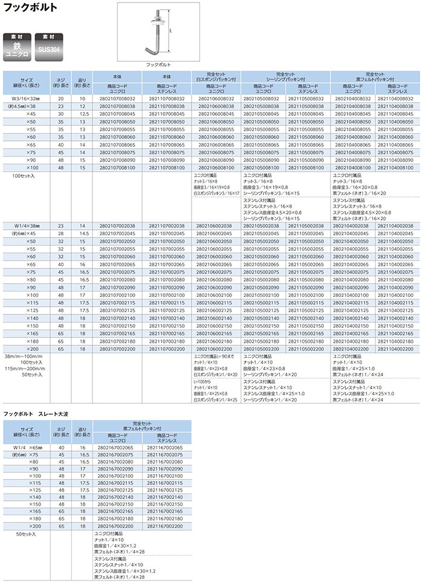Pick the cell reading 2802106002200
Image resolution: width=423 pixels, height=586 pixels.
tap(214, 349)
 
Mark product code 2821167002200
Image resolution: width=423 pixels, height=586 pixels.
tap(167, 526)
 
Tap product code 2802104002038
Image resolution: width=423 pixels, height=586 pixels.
tap(354, 226)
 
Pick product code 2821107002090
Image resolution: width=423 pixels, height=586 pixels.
tap(167, 287)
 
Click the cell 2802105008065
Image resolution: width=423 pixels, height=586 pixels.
tap(263, 146)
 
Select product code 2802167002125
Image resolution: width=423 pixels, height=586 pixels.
tap(117, 489)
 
